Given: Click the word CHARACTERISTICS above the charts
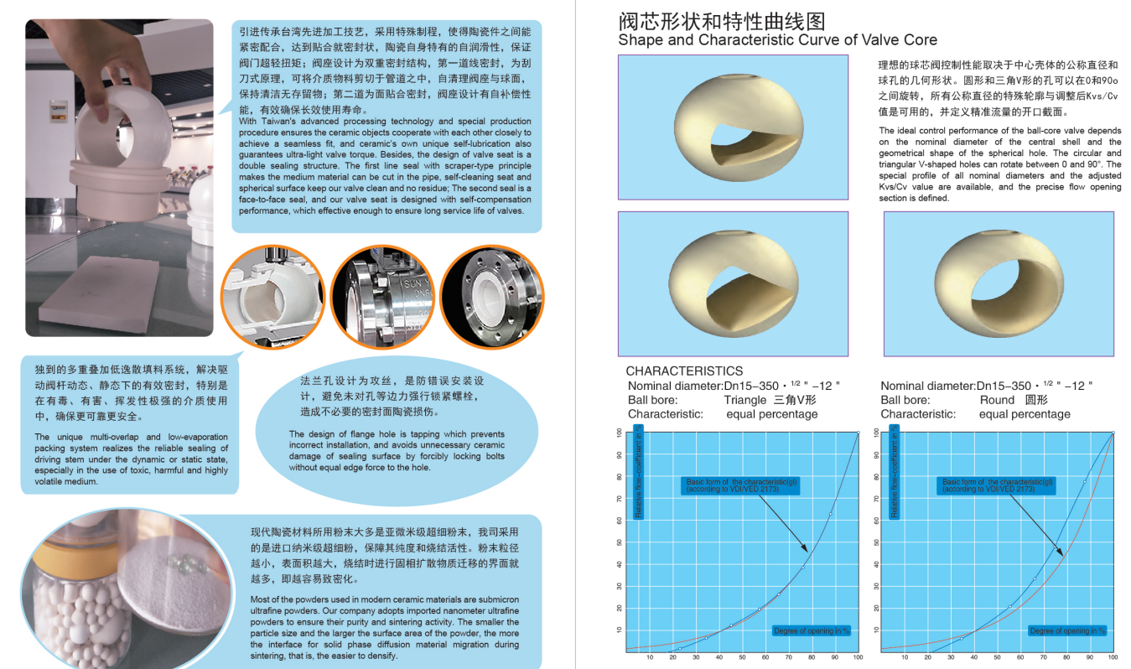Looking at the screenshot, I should (x=684, y=371).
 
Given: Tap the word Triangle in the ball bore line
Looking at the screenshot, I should (x=746, y=400).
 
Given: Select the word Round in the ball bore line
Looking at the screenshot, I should (x=997, y=400).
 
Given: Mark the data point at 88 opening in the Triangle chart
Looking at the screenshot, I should (x=830, y=514).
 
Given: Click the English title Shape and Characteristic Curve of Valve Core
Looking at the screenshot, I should (x=777, y=40).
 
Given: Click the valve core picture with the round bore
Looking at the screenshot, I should (x=999, y=283).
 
